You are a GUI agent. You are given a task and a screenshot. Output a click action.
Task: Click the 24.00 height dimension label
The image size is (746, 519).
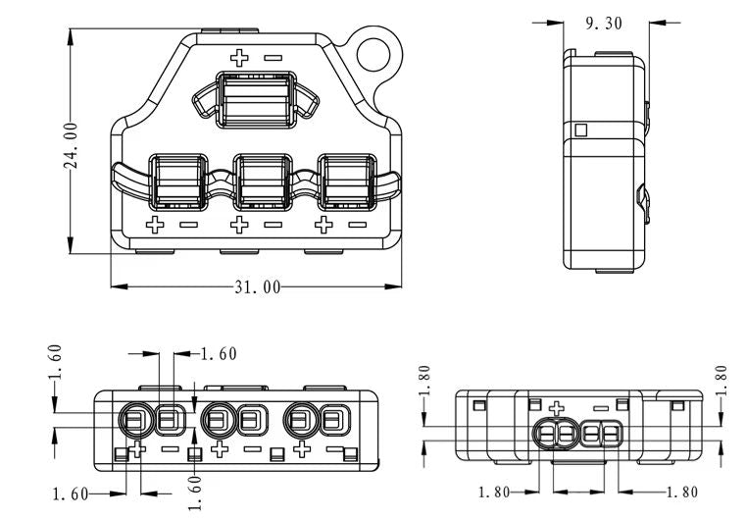point(72,144)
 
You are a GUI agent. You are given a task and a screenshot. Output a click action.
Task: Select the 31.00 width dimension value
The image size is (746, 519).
point(257,286)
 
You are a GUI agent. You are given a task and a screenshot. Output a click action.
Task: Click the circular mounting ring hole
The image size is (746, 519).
point(377,52)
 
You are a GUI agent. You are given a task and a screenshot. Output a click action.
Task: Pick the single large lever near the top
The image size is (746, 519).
point(254,99)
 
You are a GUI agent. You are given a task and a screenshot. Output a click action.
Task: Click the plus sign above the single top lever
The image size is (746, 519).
point(238,57)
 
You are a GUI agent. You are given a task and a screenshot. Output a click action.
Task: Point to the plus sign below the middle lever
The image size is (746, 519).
point(238,226)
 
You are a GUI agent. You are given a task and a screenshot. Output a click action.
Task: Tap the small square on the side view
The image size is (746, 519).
point(580,130)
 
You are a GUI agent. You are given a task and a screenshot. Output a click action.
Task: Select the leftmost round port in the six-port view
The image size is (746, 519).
point(133,422)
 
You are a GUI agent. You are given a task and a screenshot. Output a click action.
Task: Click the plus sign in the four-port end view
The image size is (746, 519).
point(557,408)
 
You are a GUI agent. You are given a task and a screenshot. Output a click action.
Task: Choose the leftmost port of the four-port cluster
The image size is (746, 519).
point(543,433)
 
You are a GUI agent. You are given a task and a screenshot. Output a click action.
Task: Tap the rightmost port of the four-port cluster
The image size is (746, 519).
point(609,433)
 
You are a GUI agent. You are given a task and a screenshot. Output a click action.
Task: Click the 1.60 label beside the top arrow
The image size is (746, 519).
point(218,353)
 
